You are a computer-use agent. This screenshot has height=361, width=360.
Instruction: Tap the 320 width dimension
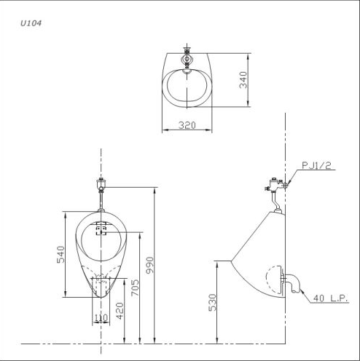tap(187, 125)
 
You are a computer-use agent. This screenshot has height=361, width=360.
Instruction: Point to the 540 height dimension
tap(61, 254)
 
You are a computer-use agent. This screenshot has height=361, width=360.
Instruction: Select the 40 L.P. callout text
tap(330, 297)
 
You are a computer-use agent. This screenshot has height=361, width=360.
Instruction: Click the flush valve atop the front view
tap(101, 186)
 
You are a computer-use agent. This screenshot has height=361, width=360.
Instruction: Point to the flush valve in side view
tap(273, 190)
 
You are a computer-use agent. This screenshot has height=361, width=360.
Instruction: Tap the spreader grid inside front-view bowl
tap(101, 231)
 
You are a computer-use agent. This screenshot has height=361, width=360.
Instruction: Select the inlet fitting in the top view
tap(187, 56)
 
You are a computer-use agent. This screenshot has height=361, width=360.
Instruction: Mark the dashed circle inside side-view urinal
tap(274, 279)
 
